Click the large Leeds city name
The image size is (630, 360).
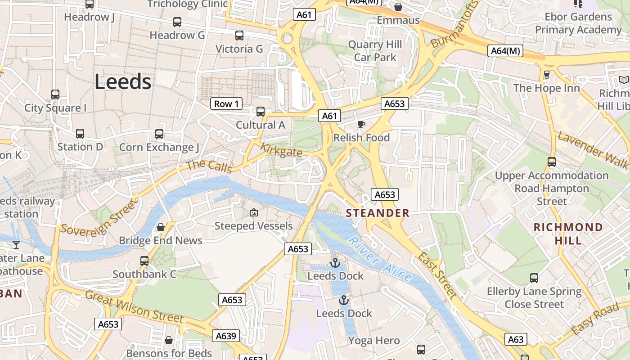[x=123, y=82]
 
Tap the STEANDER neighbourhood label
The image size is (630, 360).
[x=378, y=213]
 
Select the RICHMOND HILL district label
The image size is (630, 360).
[x=568, y=234]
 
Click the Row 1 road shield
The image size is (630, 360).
[x=226, y=104]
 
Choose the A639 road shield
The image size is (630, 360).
[x=226, y=336]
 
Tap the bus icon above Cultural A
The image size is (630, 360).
[x=260, y=112]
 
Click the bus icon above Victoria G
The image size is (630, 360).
[x=239, y=36]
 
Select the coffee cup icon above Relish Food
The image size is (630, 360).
[x=361, y=125]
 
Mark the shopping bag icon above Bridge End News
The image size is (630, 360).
[x=160, y=227]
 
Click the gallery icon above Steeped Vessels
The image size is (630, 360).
[x=253, y=212]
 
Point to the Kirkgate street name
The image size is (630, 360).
[x=281, y=150]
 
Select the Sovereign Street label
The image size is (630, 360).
[x=98, y=218]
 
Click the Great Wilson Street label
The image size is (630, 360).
[x=134, y=307]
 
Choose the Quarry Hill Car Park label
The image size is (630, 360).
[x=375, y=51]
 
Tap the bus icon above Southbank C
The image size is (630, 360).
[x=144, y=261]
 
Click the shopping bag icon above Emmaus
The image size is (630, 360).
[x=398, y=7]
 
